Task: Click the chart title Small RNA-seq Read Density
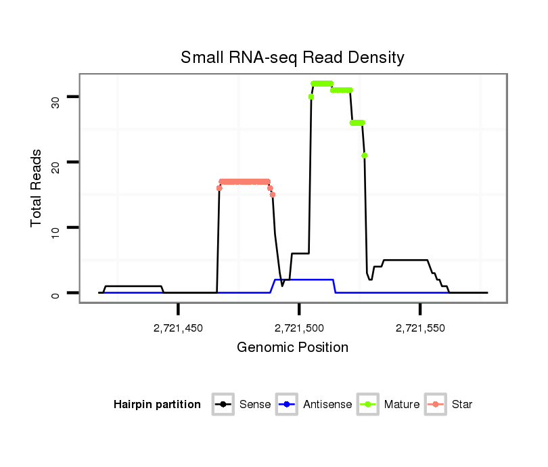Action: [x=292, y=58]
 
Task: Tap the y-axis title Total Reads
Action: [x=37, y=188]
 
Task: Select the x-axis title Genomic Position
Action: [x=292, y=348]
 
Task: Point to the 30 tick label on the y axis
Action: [x=55, y=102]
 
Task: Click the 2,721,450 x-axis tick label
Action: [x=178, y=328]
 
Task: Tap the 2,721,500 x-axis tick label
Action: [x=299, y=328]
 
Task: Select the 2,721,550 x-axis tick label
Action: [x=420, y=328]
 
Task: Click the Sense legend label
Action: [x=255, y=405]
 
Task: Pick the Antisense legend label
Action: [x=327, y=405]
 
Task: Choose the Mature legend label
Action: [x=402, y=405]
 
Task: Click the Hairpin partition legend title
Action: [x=157, y=405]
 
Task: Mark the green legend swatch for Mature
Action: [x=369, y=405]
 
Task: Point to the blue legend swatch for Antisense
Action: [x=288, y=405]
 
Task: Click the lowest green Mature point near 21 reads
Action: [x=365, y=156]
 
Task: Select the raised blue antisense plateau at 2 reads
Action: [x=304, y=280]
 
